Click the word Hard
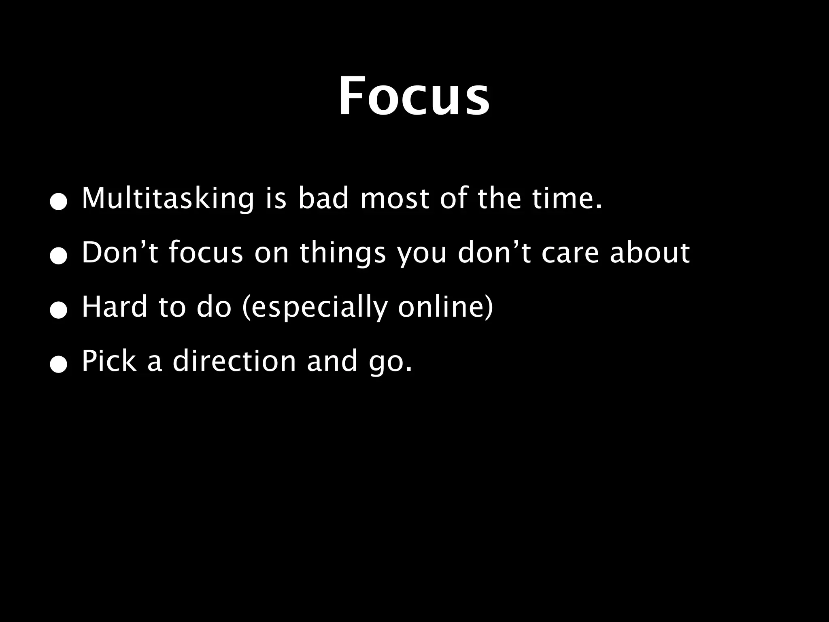coord(115,307)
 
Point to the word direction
coord(234,361)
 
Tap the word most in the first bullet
coord(394,199)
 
